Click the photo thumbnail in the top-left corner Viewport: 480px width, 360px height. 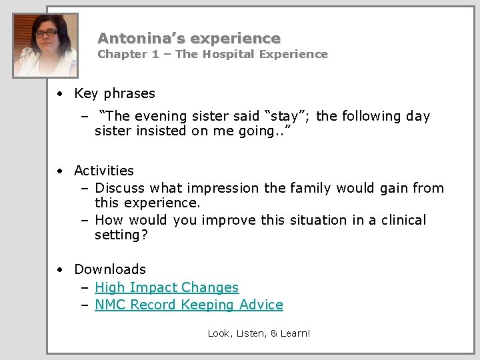(45, 45)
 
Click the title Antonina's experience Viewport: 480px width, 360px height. (189, 39)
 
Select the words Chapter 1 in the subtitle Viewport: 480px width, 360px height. (125, 55)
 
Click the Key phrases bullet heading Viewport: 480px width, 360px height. (114, 93)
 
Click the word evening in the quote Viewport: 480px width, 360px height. (163, 116)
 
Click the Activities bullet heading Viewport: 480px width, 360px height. (104, 171)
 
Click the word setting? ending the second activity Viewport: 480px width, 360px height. (121, 235)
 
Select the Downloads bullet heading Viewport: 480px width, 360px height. (109, 269)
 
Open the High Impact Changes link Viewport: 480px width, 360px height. (167, 287)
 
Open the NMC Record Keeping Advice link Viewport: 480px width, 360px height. (189, 305)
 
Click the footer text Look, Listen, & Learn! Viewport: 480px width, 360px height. (259, 333)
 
